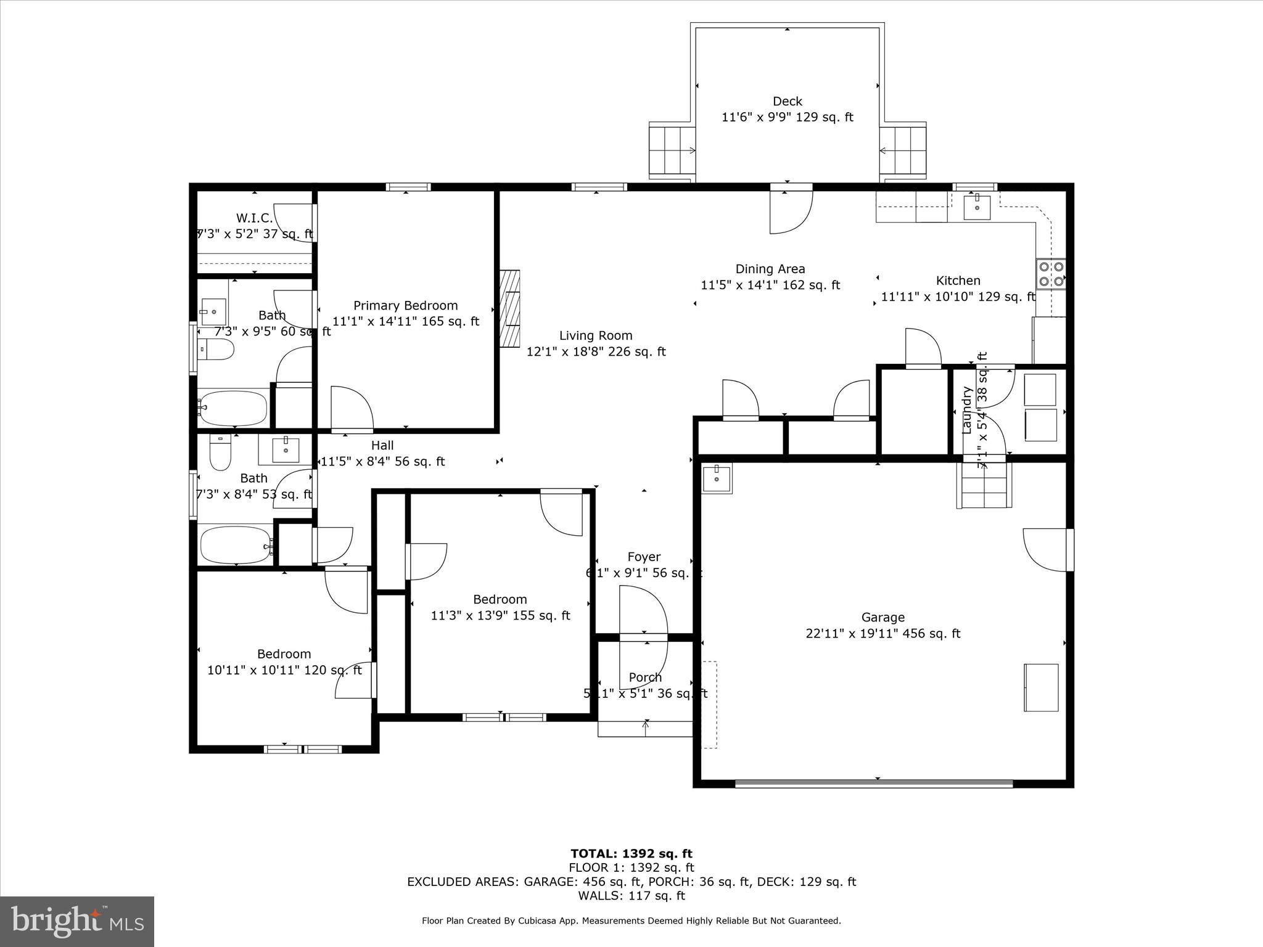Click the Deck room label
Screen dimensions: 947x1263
[788, 101]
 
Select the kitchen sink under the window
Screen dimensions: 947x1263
[977, 207]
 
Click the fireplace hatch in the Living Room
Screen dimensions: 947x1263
[511, 309]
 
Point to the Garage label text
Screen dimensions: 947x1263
[883, 617]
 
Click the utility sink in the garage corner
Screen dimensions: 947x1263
[717, 478]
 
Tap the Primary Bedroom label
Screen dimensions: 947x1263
[405, 305]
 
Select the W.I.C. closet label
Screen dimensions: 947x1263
[254, 218]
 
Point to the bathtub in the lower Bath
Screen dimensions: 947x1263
[236, 545]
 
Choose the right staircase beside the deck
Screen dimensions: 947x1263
[903, 150]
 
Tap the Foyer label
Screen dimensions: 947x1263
[644, 557]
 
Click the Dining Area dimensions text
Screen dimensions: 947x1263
[770, 285]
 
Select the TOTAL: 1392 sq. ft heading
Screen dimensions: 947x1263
[631, 853]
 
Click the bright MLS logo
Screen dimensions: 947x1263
[77, 921]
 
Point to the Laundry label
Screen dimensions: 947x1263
[966, 410]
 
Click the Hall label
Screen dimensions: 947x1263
[382, 445]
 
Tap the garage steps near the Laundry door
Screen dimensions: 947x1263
[984, 486]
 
